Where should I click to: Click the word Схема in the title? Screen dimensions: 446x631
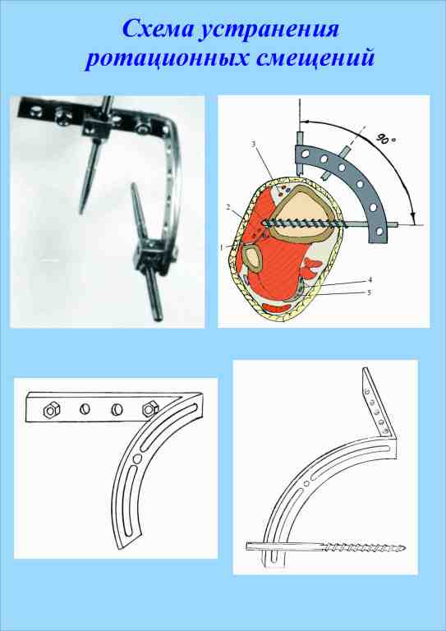tap(155, 30)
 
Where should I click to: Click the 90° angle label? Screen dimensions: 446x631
tap(387, 140)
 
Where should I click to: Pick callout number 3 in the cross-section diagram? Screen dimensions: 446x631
tap(254, 145)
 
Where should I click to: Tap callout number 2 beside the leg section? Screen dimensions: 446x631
tap(228, 208)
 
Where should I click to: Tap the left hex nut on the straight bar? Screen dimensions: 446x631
tap(51, 411)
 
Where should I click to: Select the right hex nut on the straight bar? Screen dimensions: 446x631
tap(148, 409)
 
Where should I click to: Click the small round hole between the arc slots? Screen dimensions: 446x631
tap(137, 458)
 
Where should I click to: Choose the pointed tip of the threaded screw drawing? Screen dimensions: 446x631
tap(405, 548)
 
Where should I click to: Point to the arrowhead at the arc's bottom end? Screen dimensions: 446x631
tap(412, 219)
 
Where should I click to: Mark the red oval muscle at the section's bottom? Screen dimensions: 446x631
tap(278, 308)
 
